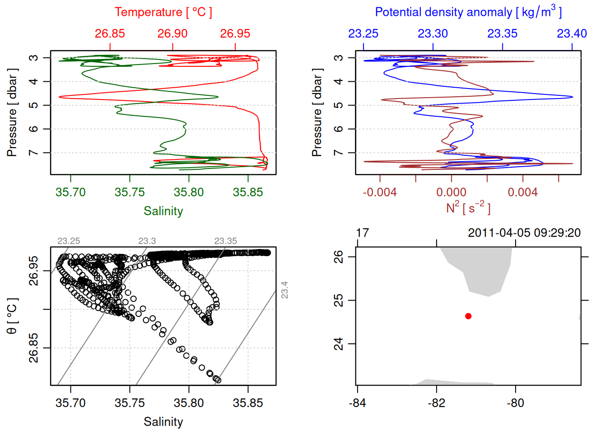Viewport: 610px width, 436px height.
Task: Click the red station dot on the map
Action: (468, 316)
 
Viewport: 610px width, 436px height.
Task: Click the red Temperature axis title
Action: (163, 12)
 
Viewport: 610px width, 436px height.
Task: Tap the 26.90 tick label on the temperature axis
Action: (172, 34)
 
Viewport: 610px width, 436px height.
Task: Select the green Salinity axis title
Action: (163, 211)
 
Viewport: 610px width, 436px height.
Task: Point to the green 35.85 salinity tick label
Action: (248, 193)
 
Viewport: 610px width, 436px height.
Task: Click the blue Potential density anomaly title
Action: (468, 12)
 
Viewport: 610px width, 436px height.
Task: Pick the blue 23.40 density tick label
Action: (572, 34)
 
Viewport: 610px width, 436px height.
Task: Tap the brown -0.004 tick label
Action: (380, 193)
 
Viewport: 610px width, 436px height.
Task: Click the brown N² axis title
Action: (468, 208)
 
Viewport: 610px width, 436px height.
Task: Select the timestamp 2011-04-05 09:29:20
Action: (524, 233)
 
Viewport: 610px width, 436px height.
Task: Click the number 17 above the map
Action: (362, 233)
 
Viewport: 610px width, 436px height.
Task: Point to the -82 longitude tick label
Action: (436, 403)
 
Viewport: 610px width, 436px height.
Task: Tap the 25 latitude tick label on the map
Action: (339, 300)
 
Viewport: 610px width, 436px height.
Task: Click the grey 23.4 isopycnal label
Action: (285, 290)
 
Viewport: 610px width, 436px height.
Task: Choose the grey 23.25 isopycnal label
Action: (69, 241)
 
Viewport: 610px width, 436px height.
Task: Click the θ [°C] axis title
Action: (12, 316)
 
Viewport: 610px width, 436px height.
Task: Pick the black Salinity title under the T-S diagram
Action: (163, 422)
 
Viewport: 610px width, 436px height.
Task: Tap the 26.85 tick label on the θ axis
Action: (34, 348)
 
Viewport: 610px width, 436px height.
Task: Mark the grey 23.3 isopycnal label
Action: (147, 241)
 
